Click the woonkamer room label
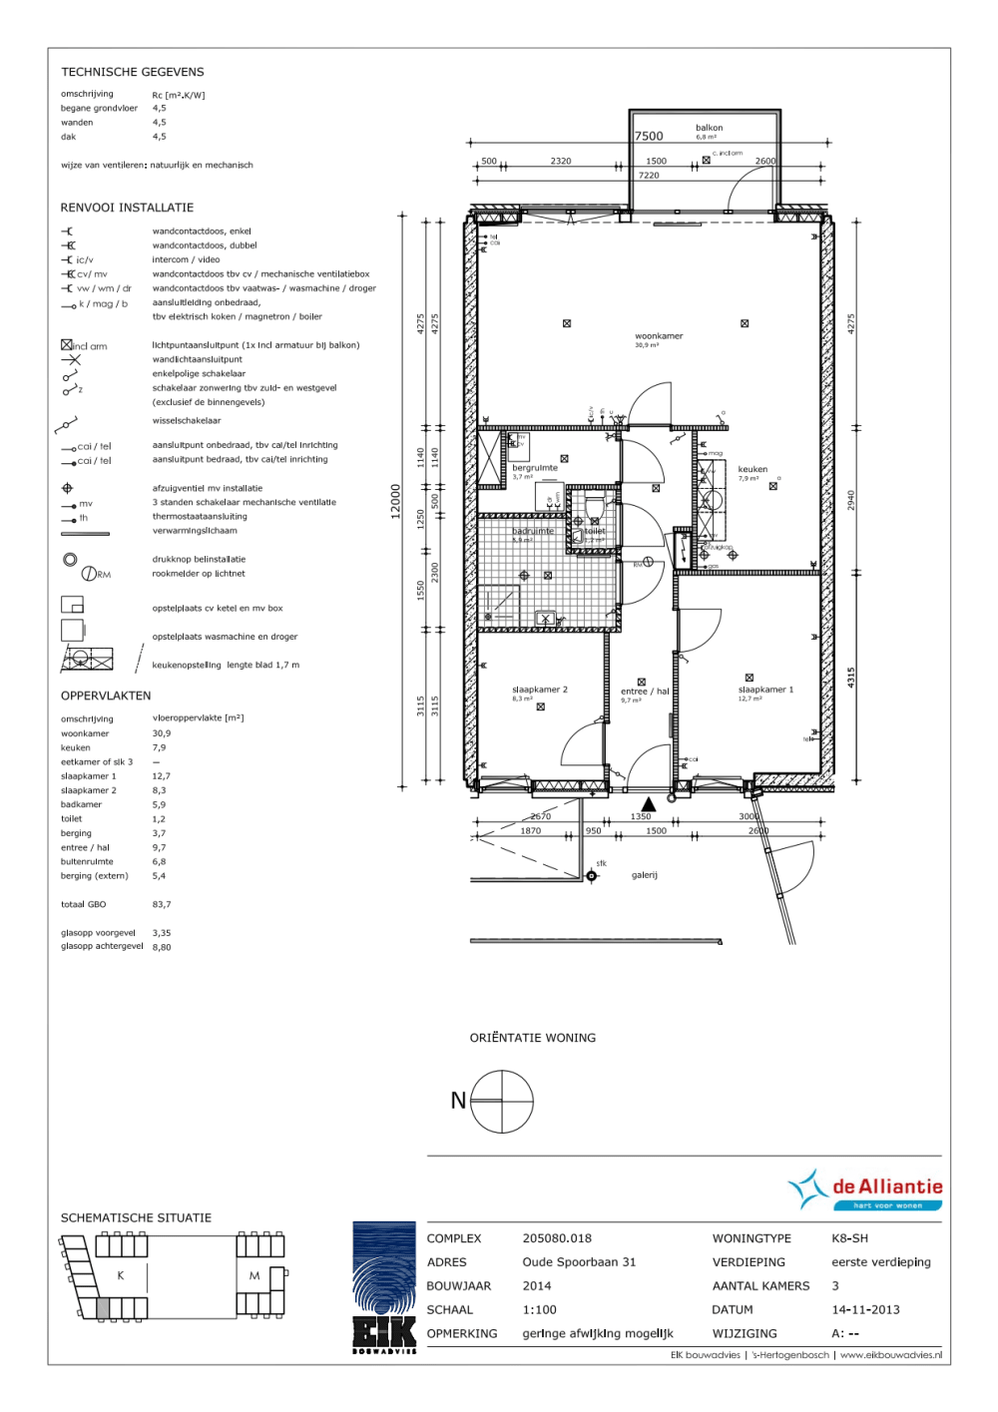click(659, 336)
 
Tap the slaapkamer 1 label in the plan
click(765, 690)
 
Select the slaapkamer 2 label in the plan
click(539, 690)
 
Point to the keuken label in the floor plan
click(752, 469)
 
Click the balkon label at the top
click(709, 128)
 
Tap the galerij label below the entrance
click(644, 875)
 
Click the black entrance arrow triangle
click(649, 802)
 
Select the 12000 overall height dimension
click(395, 501)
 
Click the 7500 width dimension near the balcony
click(649, 137)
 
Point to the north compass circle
click(502, 1102)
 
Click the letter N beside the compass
click(458, 1101)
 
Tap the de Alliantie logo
click(865, 1189)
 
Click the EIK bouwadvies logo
click(384, 1287)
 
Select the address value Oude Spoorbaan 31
click(579, 1262)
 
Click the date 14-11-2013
click(865, 1310)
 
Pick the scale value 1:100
click(539, 1310)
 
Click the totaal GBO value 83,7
click(162, 905)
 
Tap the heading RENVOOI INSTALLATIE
click(127, 208)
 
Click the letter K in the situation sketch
click(121, 1276)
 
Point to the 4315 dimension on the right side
click(851, 677)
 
